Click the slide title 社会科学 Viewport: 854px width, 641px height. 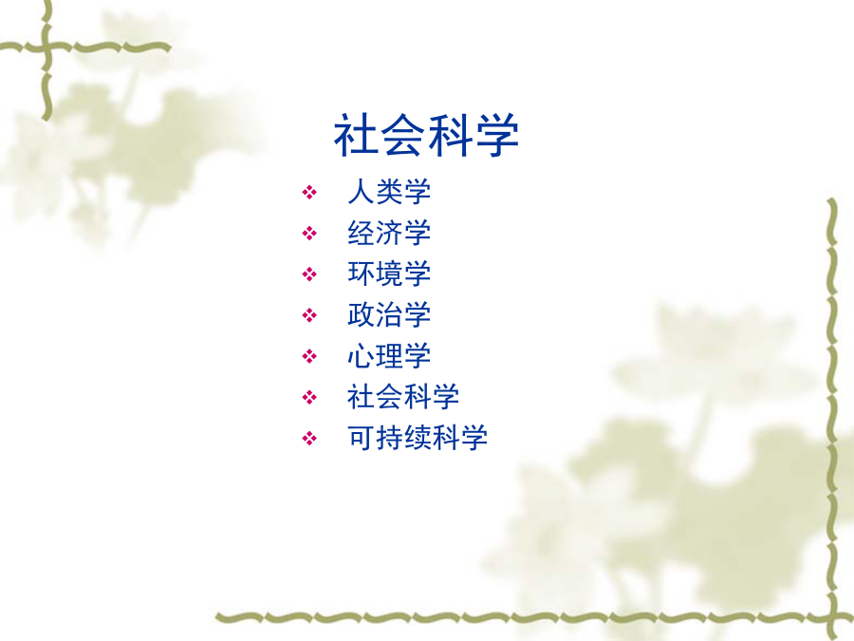pyautogui.click(x=426, y=135)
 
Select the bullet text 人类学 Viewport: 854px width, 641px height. pyautogui.click(x=389, y=192)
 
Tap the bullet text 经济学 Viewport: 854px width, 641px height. pyautogui.click(x=389, y=233)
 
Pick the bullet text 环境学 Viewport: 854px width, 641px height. pyautogui.click(x=389, y=273)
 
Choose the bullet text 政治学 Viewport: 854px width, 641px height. pyautogui.click(x=389, y=314)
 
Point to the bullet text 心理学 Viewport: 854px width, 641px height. pyautogui.click(x=389, y=356)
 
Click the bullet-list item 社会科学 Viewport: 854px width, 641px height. pyautogui.click(x=403, y=397)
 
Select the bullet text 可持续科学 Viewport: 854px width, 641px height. pyautogui.click(x=418, y=438)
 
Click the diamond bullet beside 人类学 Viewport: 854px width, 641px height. pyautogui.click(x=309, y=193)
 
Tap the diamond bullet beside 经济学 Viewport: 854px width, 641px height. pyautogui.click(x=309, y=234)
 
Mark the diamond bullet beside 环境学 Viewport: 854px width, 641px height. pyautogui.click(x=309, y=274)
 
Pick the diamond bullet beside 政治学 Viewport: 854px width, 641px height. pyautogui.click(x=309, y=315)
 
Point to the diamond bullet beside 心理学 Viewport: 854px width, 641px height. pyautogui.click(x=309, y=356)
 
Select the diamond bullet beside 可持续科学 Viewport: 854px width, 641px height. pyautogui.click(x=309, y=438)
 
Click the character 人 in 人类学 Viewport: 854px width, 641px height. pyautogui.click(x=362, y=192)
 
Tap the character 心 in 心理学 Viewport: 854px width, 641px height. pyautogui.click(x=362, y=356)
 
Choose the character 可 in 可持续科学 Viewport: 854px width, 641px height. pyautogui.click(x=362, y=438)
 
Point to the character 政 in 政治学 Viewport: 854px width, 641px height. pyautogui.click(x=362, y=314)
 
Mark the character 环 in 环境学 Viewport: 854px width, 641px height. pyautogui.click(x=362, y=273)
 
